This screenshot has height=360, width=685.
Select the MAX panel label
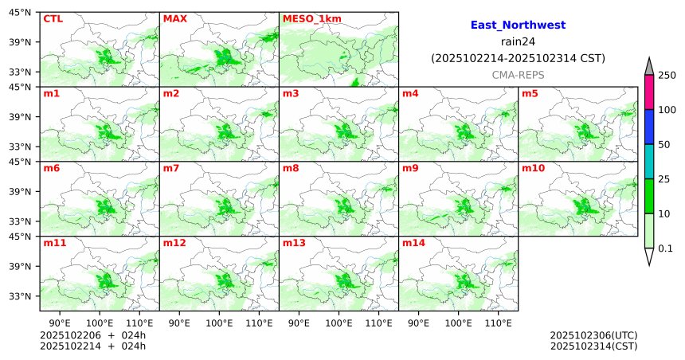174,18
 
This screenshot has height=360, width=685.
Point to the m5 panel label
530,93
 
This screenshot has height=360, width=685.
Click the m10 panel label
533,168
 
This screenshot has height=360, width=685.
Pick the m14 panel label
413,243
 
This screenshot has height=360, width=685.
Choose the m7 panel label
171,168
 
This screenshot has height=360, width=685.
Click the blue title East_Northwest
517,25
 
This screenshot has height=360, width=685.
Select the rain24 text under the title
517,42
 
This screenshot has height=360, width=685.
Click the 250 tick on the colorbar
667,76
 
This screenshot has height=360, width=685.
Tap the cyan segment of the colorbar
648,162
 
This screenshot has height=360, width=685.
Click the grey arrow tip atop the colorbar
648,65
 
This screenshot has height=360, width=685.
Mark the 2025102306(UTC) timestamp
593,335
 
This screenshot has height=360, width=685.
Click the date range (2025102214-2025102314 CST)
517,58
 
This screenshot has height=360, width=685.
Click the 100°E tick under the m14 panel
459,323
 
